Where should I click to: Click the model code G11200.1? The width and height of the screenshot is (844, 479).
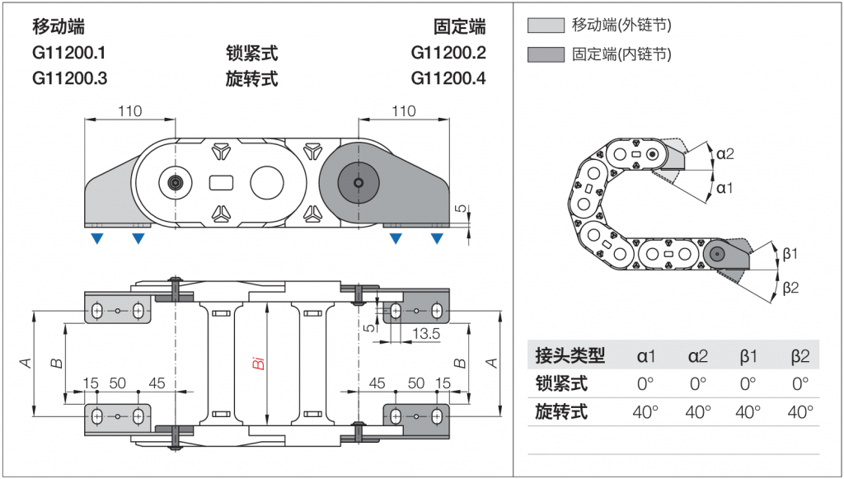(69, 54)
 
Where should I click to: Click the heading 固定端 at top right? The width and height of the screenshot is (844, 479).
(460, 27)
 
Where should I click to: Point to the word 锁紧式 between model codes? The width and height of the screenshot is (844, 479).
(251, 54)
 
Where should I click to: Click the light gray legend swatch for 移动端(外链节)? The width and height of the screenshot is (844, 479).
(546, 26)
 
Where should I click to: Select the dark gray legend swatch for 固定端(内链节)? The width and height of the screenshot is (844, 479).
(546, 55)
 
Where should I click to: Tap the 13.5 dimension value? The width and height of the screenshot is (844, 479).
(425, 334)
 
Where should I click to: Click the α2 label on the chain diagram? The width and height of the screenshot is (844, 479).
(725, 153)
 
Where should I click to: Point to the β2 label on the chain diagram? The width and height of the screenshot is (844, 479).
(791, 287)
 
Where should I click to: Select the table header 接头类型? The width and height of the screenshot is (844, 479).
(570, 356)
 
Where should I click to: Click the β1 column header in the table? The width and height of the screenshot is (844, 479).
(748, 356)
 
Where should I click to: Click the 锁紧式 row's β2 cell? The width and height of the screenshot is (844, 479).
(799, 384)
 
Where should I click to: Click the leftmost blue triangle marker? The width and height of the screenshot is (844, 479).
(97, 239)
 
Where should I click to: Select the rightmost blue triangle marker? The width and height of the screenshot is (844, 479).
(437, 239)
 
